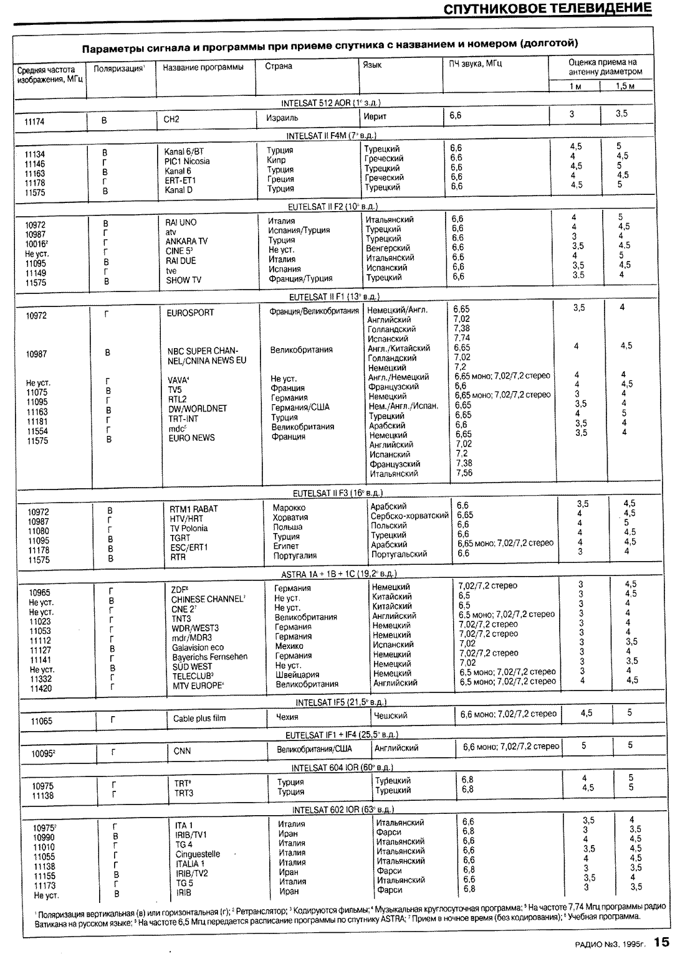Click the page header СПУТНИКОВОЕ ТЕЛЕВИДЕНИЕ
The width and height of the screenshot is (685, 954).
pos(548,9)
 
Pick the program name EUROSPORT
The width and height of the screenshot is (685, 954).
pos(190,313)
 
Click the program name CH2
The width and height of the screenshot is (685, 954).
pos(171,119)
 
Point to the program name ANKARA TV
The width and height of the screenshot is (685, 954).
pos(186,241)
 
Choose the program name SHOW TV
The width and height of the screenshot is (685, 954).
pos(183,280)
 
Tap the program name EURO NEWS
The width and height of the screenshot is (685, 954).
pos(191,438)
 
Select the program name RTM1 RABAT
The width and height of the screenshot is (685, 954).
pos(194,509)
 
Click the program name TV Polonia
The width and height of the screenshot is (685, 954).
pos(189,528)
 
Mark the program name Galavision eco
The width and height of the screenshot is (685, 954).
pos(198,647)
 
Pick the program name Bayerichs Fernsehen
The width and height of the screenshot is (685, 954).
pos(209,656)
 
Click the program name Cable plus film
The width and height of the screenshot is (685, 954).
pos(199,718)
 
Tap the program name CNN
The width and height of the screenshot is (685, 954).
pos(182,750)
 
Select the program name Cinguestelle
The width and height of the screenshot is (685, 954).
pos(198,854)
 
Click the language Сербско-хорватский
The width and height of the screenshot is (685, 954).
pos(410,516)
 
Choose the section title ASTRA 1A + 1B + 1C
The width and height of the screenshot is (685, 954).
pos(340,574)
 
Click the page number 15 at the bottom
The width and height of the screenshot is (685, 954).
pos(661,942)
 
